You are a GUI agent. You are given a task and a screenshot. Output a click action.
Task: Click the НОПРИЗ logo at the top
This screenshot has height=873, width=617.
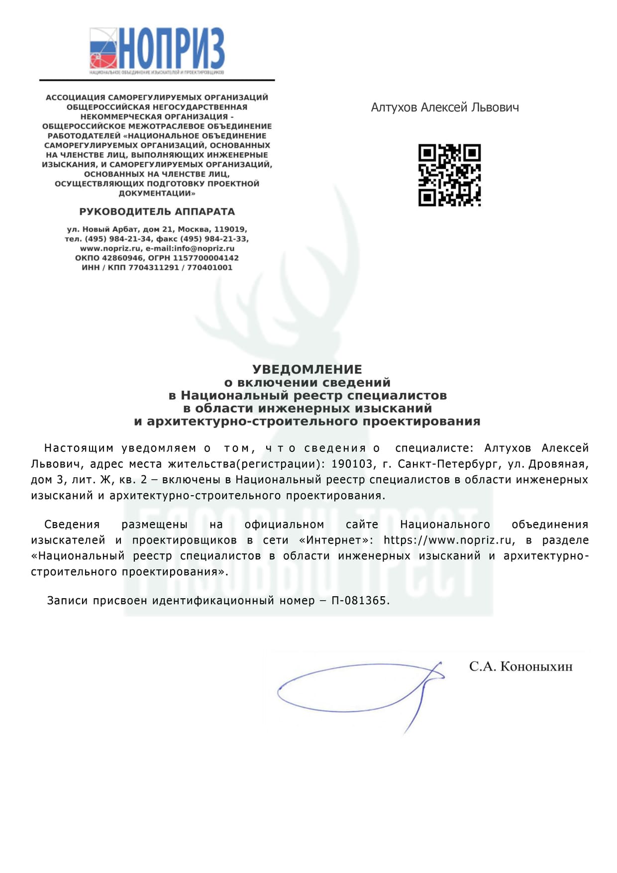157,50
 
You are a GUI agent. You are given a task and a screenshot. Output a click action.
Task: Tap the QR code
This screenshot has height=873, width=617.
449,175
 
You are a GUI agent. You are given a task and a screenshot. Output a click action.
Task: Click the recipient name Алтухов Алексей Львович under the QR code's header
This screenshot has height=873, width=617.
445,108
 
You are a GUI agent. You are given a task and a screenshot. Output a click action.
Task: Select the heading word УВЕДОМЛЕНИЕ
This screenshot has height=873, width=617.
307,369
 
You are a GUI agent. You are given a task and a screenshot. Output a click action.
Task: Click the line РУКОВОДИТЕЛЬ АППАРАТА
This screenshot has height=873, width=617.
157,212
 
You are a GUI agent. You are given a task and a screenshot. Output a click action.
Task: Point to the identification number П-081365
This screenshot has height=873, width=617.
359,601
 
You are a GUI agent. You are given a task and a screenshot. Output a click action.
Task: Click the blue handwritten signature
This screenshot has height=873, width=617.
358,689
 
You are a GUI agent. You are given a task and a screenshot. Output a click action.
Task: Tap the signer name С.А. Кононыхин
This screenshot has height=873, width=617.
520,666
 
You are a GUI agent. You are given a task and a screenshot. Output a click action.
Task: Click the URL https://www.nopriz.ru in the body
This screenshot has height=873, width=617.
447,540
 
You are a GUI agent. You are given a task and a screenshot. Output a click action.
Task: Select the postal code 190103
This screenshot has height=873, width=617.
352,464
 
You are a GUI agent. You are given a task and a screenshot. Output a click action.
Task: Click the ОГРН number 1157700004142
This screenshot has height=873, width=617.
206,258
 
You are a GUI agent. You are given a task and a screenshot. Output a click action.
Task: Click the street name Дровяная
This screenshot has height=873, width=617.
558,464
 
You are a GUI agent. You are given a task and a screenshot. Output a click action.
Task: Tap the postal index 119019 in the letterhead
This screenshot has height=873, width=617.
230,229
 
